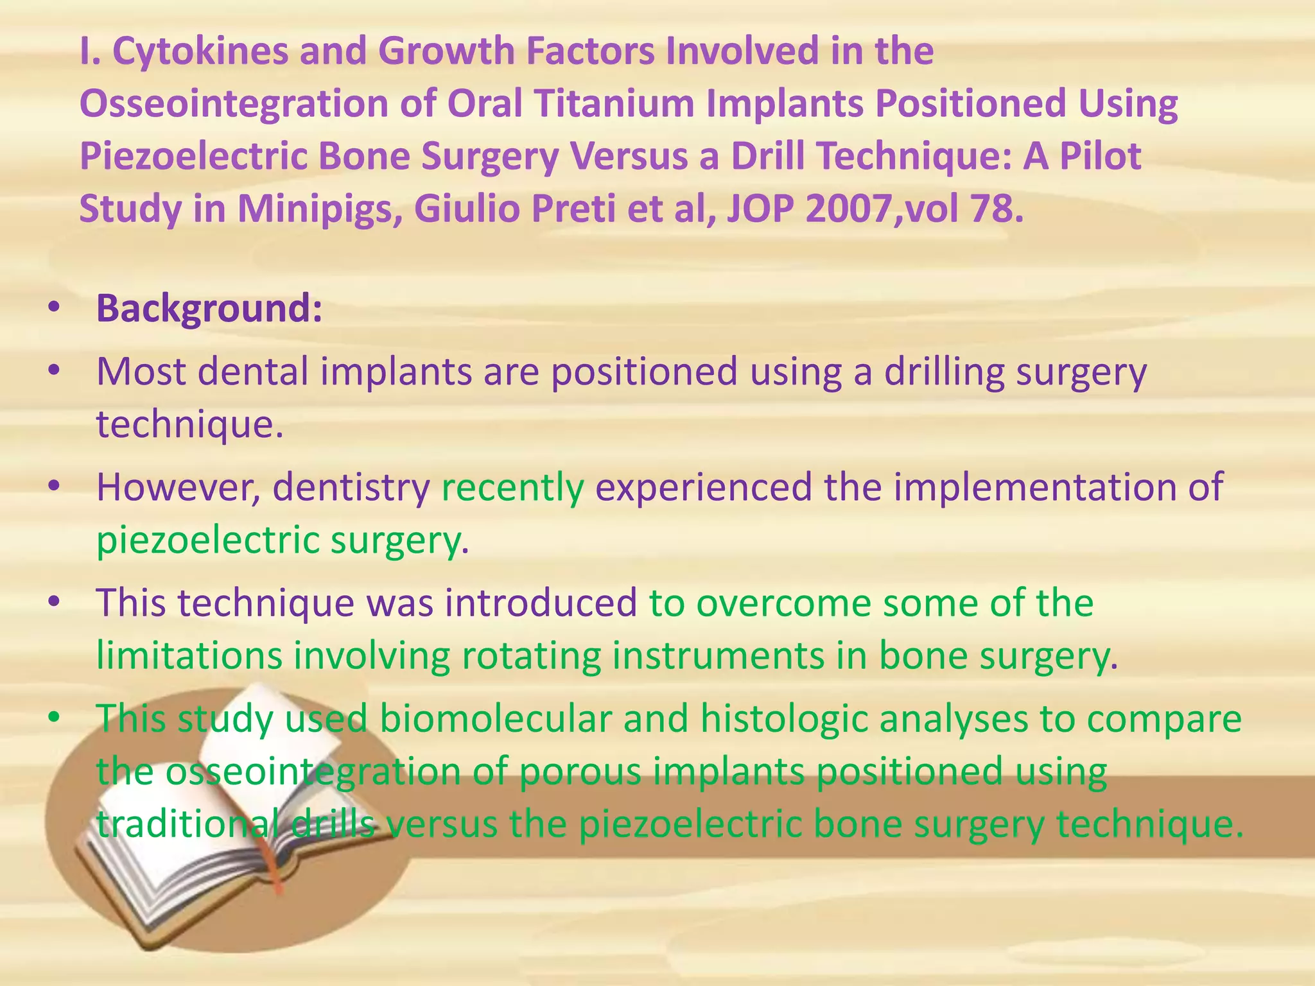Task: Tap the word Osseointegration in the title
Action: [234, 104]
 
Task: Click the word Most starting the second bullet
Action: [140, 372]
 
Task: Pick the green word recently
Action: [512, 487]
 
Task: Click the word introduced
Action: [541, 603]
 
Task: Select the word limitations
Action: [189, 655]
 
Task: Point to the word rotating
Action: [530, 655]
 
